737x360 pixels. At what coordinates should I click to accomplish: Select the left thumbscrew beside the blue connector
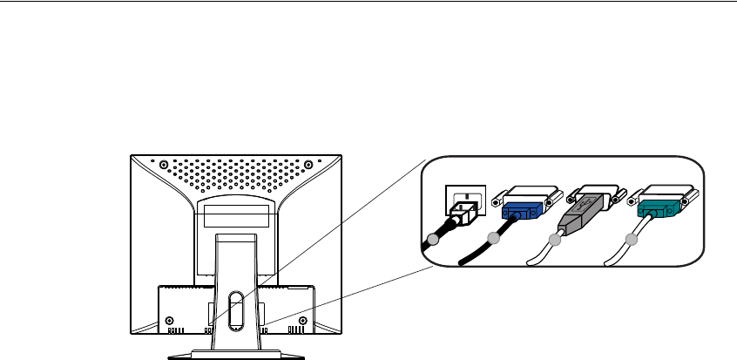497,200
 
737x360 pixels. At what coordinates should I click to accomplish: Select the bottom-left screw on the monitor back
168,320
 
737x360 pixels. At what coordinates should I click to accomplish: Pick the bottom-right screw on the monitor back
301,320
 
